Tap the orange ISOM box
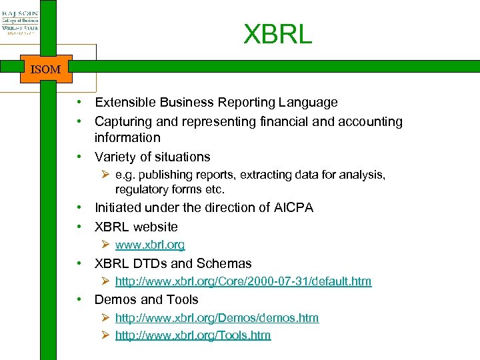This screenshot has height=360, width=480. [x=46, y=69]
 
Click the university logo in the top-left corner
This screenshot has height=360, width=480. [x=20, y=21]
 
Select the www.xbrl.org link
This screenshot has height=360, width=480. [x=150, y=245]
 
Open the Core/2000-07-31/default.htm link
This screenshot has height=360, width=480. [x=243, y=281]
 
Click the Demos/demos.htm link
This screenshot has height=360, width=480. [x=217, y=318]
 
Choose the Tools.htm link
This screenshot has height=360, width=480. [x=193, y=335]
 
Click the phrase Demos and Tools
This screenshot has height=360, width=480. [x=147, y=300]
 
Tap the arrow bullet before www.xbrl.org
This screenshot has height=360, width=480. [x=105, y=245]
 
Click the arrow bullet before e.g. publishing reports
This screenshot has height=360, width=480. [x=105, y=175]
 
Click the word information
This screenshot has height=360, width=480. [x=127, y=138]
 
